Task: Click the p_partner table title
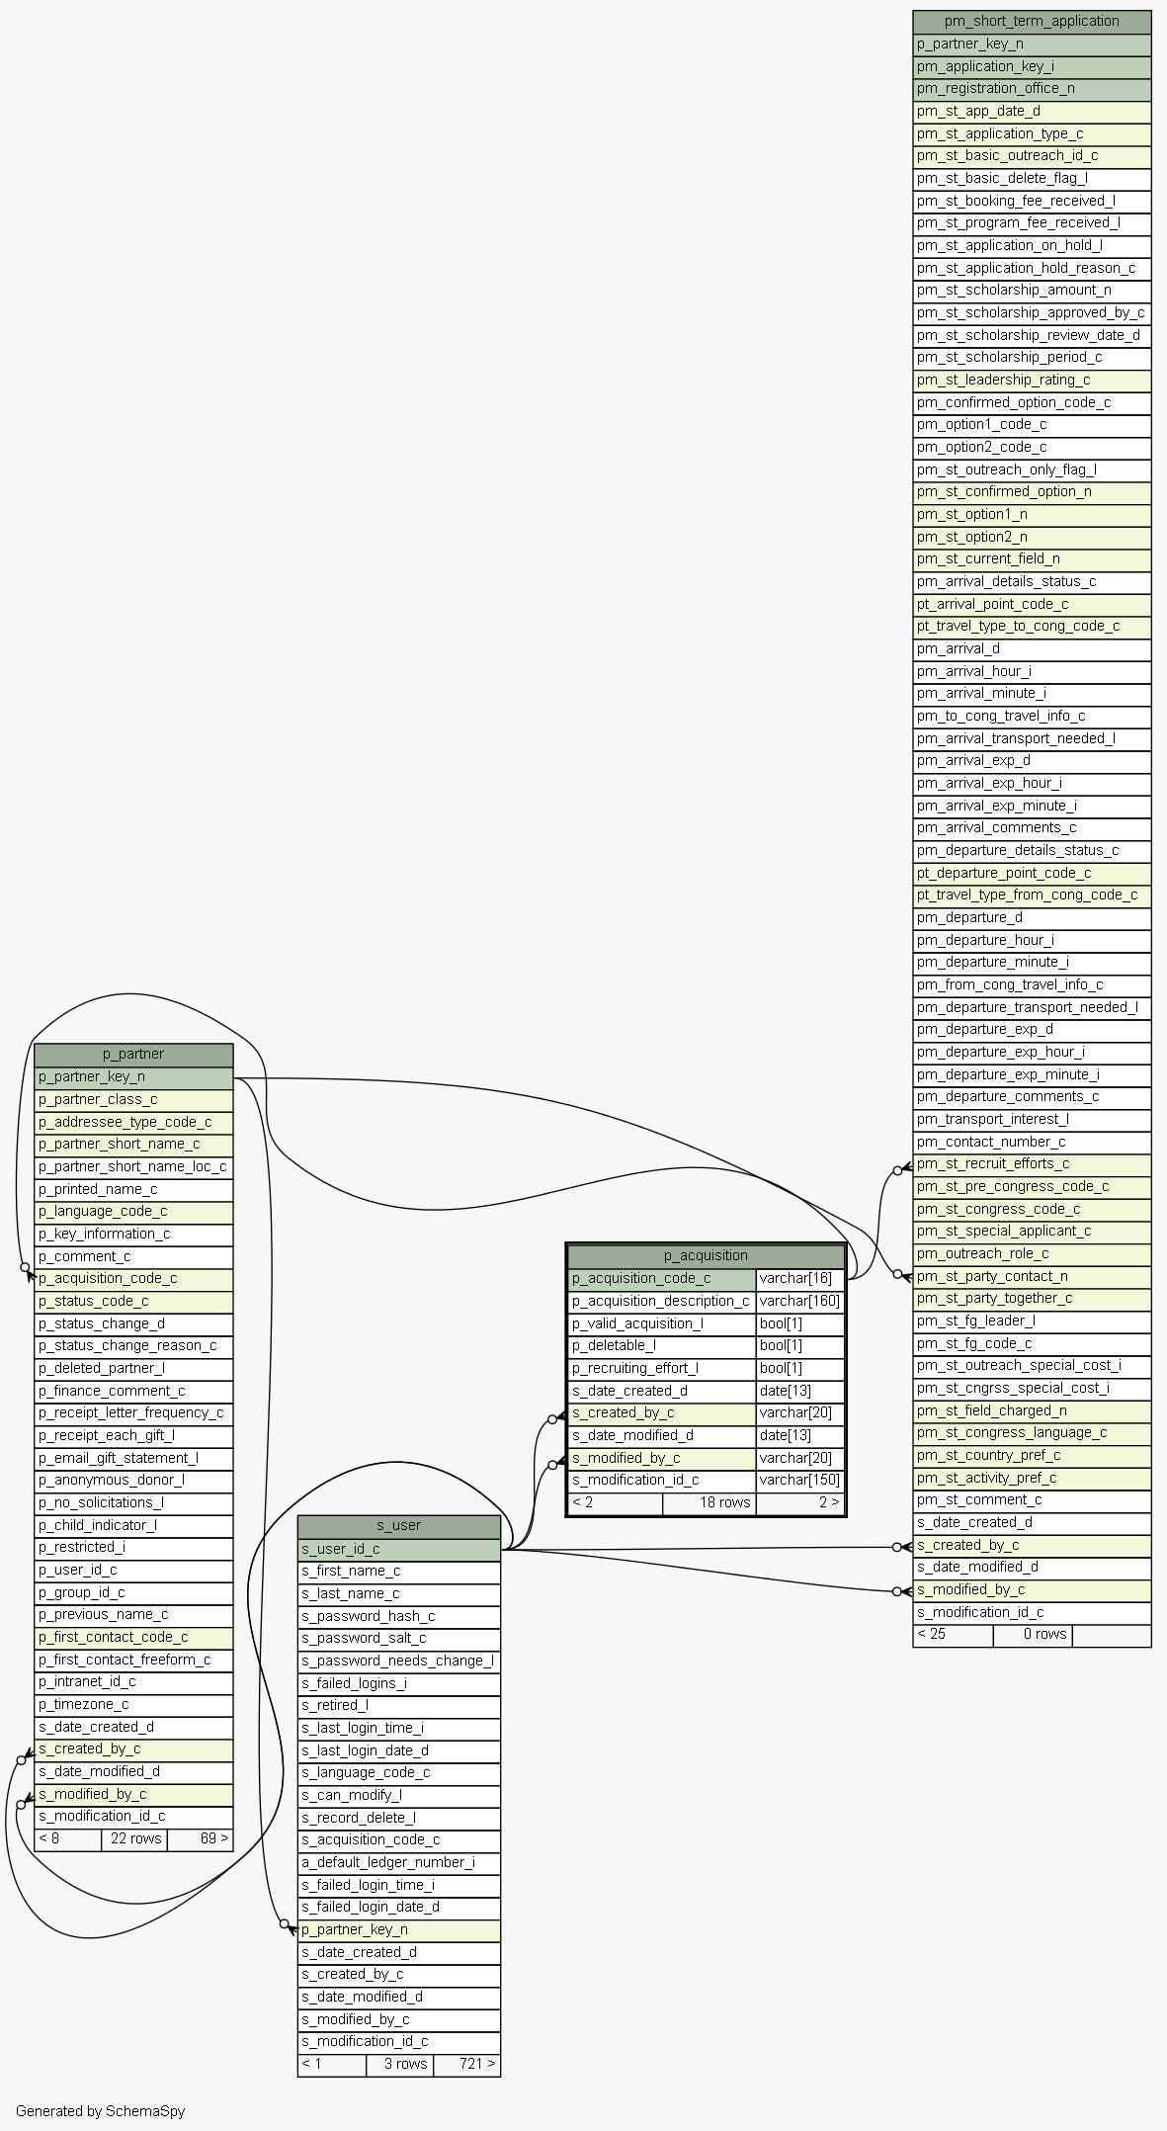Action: pos(133,1054)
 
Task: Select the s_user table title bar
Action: pos(399,1525)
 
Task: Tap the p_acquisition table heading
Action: pos(706,1255)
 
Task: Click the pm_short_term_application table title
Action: pos(1032,21)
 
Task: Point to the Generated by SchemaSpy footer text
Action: pos(101,2110)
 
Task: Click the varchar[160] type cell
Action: pos(799,1301)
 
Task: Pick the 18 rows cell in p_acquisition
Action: pos(709,1502)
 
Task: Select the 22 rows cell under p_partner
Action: pos(134,1838)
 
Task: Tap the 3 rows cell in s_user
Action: pos(399,2063)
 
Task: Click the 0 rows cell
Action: pos(1033,1634)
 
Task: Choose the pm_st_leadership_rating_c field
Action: pos(1032,380)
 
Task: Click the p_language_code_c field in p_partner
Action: pos(133,1211)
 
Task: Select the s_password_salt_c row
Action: pos(399,1638)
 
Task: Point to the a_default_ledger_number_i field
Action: pos(399,1862)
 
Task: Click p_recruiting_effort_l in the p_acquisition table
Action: pos(662,1368)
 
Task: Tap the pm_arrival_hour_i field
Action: pos(1032,671)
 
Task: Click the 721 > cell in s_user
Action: pos(466,2063)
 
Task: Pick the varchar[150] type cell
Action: pos(799,1480)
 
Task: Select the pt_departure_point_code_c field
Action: pos(1032,873)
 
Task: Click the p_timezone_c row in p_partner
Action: pos(133,1704)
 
